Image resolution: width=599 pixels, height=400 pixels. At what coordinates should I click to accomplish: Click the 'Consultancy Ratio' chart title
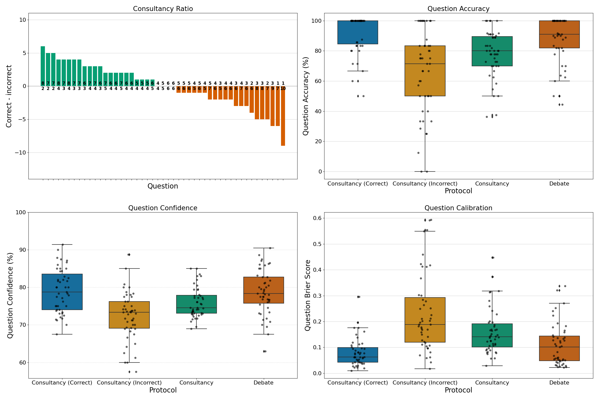click(163, 9)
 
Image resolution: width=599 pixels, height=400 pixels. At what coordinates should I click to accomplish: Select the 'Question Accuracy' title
click(458, 9)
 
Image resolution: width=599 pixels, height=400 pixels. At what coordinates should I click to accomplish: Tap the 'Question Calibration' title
click(458, 208)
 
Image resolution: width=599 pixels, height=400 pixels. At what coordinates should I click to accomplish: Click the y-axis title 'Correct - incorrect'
click(9, 96)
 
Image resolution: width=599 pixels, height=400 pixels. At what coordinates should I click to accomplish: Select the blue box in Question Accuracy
click(358, 32)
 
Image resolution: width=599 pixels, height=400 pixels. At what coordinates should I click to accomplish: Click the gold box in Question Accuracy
click(425, 71)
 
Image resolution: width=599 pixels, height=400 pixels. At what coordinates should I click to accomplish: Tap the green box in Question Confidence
click(196, 304)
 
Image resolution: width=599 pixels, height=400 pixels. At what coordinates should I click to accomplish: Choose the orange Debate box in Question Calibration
click(559, 348)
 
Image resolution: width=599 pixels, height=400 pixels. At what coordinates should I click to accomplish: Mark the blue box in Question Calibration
click(358, 355)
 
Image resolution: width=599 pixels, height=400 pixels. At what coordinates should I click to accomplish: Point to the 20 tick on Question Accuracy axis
click(316, 141)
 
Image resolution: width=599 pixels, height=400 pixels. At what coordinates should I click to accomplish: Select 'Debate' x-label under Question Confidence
click(263, 383)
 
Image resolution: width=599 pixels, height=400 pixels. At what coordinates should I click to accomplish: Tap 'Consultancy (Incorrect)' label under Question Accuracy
click(425, 184)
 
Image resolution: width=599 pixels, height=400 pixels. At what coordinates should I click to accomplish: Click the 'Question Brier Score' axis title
click(308, 295)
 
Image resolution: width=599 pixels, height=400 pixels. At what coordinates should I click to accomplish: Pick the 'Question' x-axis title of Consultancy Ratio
click(163, 186)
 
